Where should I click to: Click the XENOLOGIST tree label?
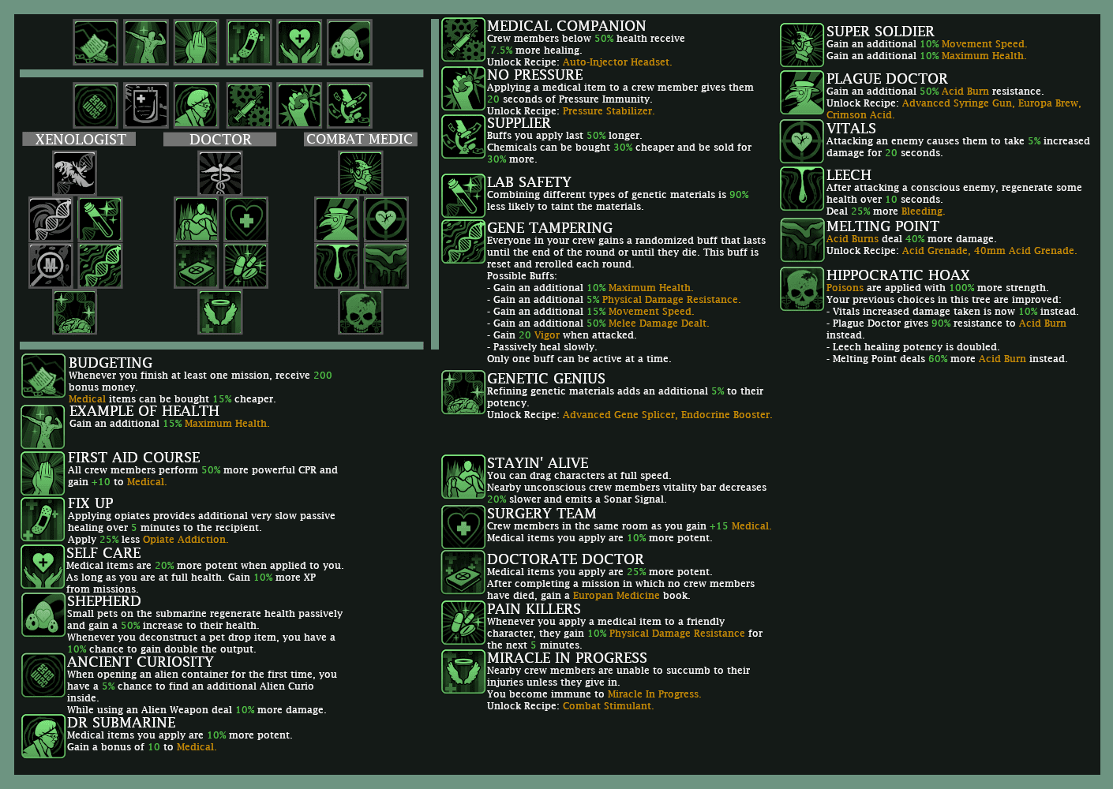80,139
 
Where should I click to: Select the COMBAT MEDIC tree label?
360,139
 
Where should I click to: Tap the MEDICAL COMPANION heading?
567,26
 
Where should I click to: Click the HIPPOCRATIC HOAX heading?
898,275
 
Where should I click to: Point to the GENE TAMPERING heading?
549,228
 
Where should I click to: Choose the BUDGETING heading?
111,363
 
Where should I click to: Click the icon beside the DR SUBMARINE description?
43,736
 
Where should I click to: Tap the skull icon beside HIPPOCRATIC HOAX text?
802,289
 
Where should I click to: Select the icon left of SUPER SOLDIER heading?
802,45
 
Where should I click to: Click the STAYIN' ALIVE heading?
538,463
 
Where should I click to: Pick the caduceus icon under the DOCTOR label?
220,174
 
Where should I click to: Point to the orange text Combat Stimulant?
608,706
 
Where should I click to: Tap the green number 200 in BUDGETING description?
323,376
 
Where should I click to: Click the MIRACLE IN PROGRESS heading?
567,658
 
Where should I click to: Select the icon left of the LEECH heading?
802,189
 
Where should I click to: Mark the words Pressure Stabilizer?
609,111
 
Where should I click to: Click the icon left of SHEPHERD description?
43,615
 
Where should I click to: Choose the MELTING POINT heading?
883,226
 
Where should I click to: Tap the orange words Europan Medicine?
616,596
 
